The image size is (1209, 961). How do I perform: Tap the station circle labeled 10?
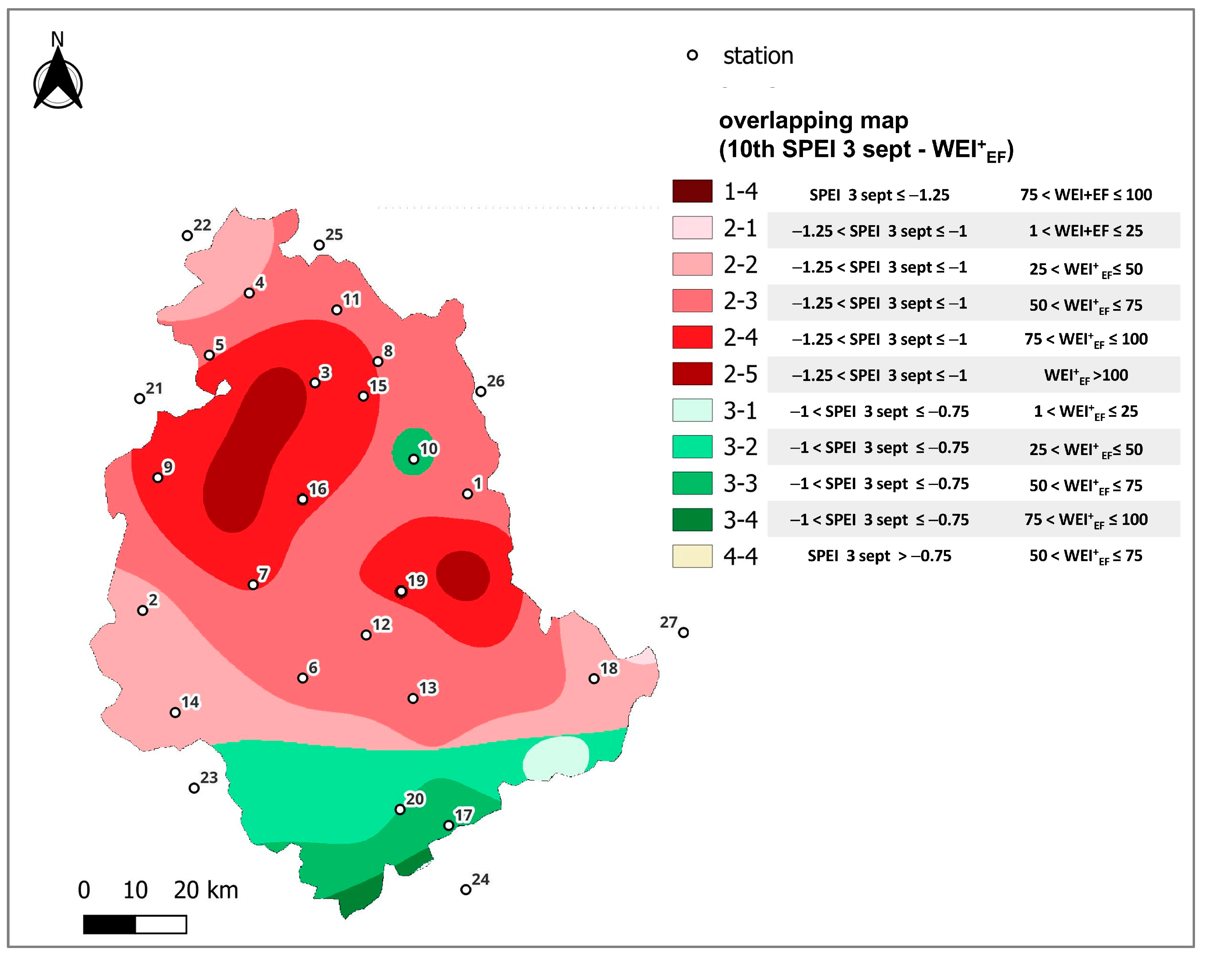[x=413, y=459]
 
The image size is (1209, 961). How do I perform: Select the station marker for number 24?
[x=465, y=890]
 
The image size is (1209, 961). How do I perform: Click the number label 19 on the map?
[x=417, y=580]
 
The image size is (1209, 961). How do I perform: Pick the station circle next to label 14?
[x=175, y=713]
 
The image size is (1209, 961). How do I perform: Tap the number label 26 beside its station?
[x=496, y=381]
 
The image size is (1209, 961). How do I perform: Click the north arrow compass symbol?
[x=58, y=78]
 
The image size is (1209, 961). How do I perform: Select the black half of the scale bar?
[x=110, y=924]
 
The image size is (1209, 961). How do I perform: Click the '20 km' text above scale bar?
[x=206, y=890]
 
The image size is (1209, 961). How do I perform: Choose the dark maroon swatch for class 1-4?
[x=693, y=191]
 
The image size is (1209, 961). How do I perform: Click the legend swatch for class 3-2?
[x=693, y=447]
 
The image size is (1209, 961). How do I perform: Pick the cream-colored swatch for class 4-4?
[x=693, y=556]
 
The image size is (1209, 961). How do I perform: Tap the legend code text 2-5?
[x=740, y=374]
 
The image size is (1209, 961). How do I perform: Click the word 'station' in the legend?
[x=758, y=56]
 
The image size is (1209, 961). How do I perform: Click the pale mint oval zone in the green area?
[x=555, y=758]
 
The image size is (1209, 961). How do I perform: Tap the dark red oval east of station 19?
[x=463, y=576]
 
